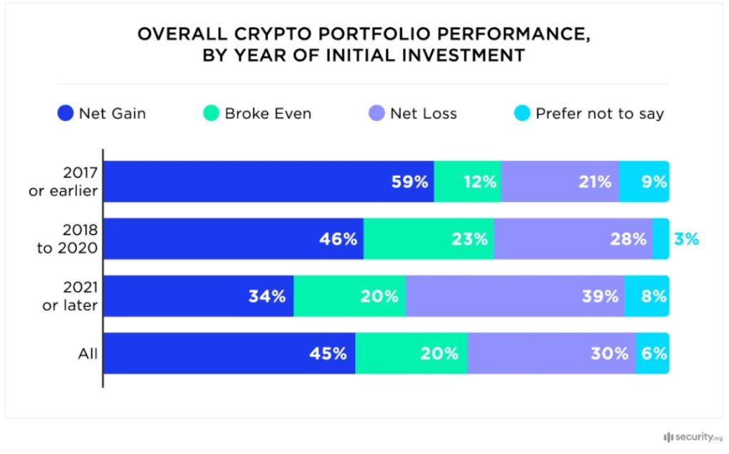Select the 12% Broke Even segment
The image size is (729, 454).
tap(467, 181)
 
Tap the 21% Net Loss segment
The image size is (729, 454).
tap(560, 181)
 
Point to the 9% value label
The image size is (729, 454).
tap(653, 181)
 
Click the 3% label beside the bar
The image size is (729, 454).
tap(686, 239)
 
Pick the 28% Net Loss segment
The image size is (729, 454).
tap(572, 239)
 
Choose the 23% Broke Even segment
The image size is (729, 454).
tap(428, 239)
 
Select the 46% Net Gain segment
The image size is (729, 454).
tap(234, 239)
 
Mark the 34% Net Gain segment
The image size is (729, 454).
tap(199, 296)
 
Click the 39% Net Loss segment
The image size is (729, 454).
tap(515, 296)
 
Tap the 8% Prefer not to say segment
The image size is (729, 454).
tap(646, 296)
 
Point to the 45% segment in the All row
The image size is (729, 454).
tap(230, 353)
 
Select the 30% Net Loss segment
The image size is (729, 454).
tap(551, 353)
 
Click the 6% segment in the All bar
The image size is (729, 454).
tap(652, 353)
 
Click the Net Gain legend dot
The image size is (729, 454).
tap(65, 113)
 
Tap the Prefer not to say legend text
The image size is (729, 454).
tap(599, 114)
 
